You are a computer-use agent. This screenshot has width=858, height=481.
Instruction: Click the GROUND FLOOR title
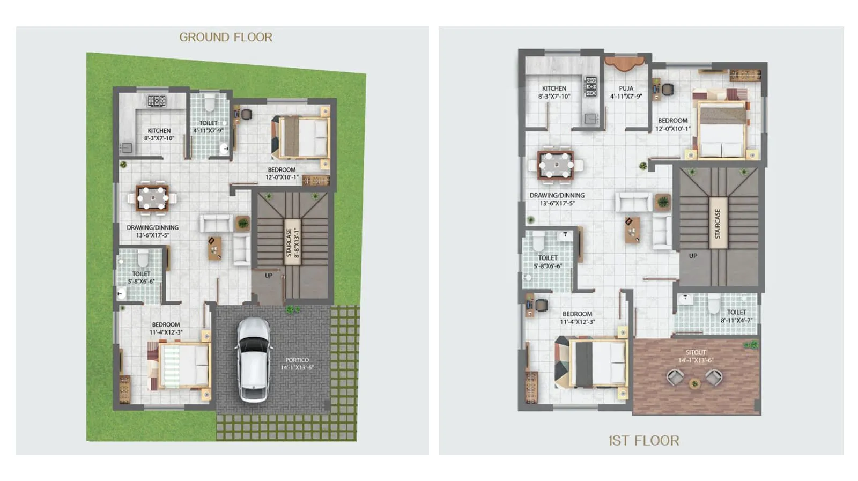[226, 37]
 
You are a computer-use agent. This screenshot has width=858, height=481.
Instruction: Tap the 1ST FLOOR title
[643, 441]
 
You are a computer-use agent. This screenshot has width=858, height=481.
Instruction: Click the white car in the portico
[254, 359]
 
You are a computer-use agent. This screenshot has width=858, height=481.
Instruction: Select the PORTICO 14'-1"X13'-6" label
[297, 364]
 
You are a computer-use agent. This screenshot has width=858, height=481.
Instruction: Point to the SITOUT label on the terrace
[696, 356]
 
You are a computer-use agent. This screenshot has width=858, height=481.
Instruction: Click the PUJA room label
[626, 92]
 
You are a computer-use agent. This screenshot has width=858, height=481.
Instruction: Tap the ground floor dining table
[152, 197]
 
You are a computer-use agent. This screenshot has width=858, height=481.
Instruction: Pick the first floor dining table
[556, 165]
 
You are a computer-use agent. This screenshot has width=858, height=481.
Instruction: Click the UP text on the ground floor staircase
[269, 276]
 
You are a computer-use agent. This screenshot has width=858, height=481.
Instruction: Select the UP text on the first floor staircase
[693, 256]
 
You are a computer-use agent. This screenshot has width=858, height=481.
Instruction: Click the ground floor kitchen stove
[157, 101]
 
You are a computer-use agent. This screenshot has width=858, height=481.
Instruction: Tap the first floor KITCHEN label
[554, 92]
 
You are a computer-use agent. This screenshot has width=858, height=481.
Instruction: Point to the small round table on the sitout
[695, 383]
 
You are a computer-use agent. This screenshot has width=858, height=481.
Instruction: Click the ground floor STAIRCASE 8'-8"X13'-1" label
[292, 242]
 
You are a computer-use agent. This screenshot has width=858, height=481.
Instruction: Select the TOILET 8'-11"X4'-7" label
[736, 316]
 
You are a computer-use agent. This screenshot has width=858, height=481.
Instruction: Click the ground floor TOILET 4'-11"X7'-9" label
[208, 127]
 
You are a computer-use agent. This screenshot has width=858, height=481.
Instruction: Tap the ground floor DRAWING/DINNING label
[152, 231]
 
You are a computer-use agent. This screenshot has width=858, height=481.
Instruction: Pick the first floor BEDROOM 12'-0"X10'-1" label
[672, 124]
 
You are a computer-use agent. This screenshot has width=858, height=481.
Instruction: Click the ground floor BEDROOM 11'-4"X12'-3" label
[166, 328]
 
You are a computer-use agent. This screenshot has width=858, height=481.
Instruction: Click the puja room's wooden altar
[624, 64]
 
